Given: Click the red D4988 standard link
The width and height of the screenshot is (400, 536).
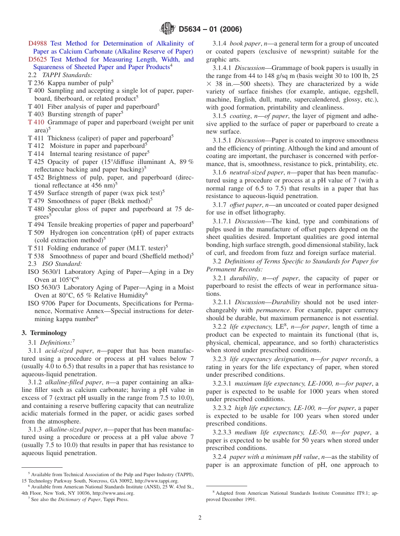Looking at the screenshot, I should click(x=37, y=43).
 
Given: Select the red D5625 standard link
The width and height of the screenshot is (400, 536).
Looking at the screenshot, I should click(x=37, y=59).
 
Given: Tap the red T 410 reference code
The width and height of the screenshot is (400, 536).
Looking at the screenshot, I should click(x=36, y=122).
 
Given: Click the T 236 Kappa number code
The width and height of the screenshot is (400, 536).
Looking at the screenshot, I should click(x=36, y=83).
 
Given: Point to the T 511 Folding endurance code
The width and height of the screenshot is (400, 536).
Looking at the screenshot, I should click(x=36, y=248).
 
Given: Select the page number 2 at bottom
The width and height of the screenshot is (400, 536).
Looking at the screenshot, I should click(x=200, y=518).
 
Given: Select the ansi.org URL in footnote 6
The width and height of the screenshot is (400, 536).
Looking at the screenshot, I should click(x=113, y=493).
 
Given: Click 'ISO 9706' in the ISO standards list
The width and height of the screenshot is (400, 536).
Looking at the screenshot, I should click(x=40, y=303).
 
